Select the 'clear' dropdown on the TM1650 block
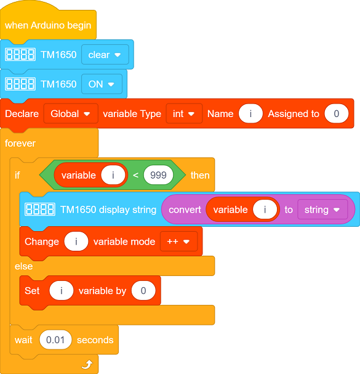point(105,55)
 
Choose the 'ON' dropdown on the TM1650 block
point(102,84)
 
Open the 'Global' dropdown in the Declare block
point(71,113)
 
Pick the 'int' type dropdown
point(184,113)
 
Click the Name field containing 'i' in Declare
point(250,113)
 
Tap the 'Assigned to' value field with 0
point(337,113)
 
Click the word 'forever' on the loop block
point(20,144)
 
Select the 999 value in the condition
point(158,175)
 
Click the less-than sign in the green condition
point(135,175)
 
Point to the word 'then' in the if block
point(200,176)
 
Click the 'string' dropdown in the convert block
point(322,209)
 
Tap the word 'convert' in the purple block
point(185,209)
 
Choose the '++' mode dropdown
point(178,242)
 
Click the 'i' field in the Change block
point(76,242)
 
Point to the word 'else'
point(23,266)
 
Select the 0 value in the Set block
point(143,291)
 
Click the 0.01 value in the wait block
point(55,339)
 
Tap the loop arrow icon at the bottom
point(87,365)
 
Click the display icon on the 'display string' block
point(40,209)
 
